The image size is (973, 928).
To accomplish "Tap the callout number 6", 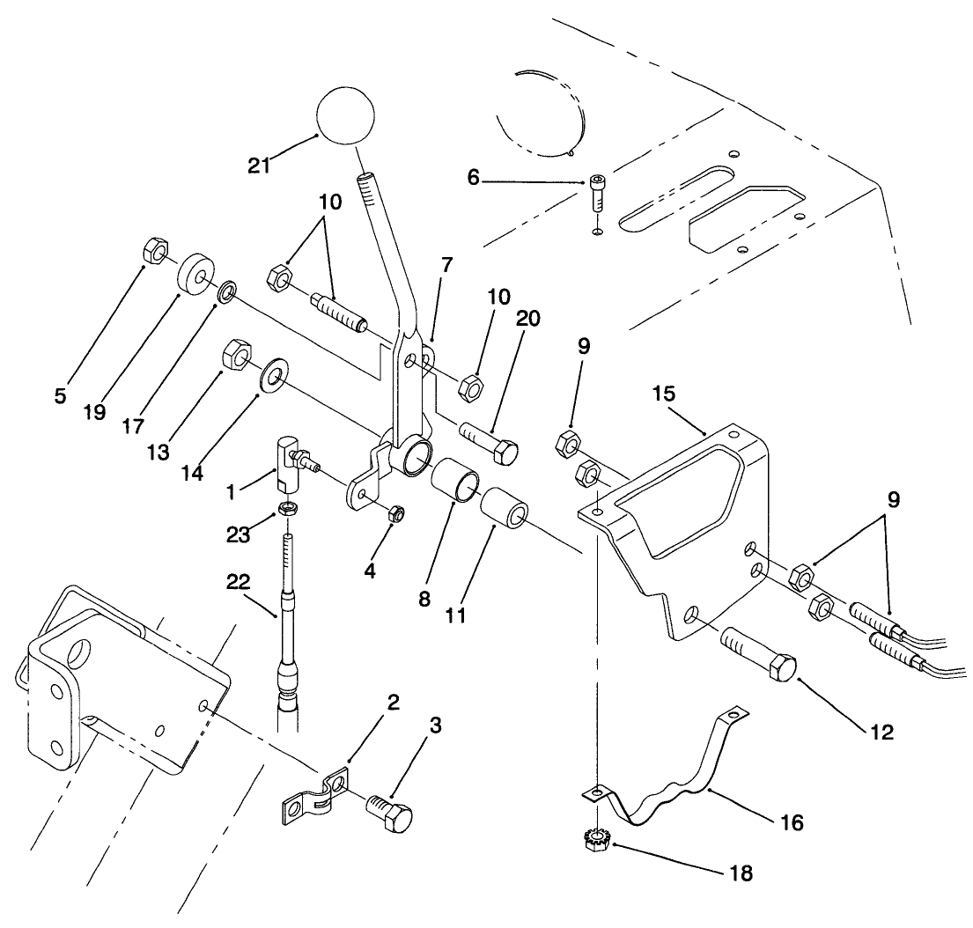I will [475, 177].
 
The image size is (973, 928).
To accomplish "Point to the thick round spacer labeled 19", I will [198, 275].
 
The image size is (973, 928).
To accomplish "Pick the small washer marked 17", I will [227, 291].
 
